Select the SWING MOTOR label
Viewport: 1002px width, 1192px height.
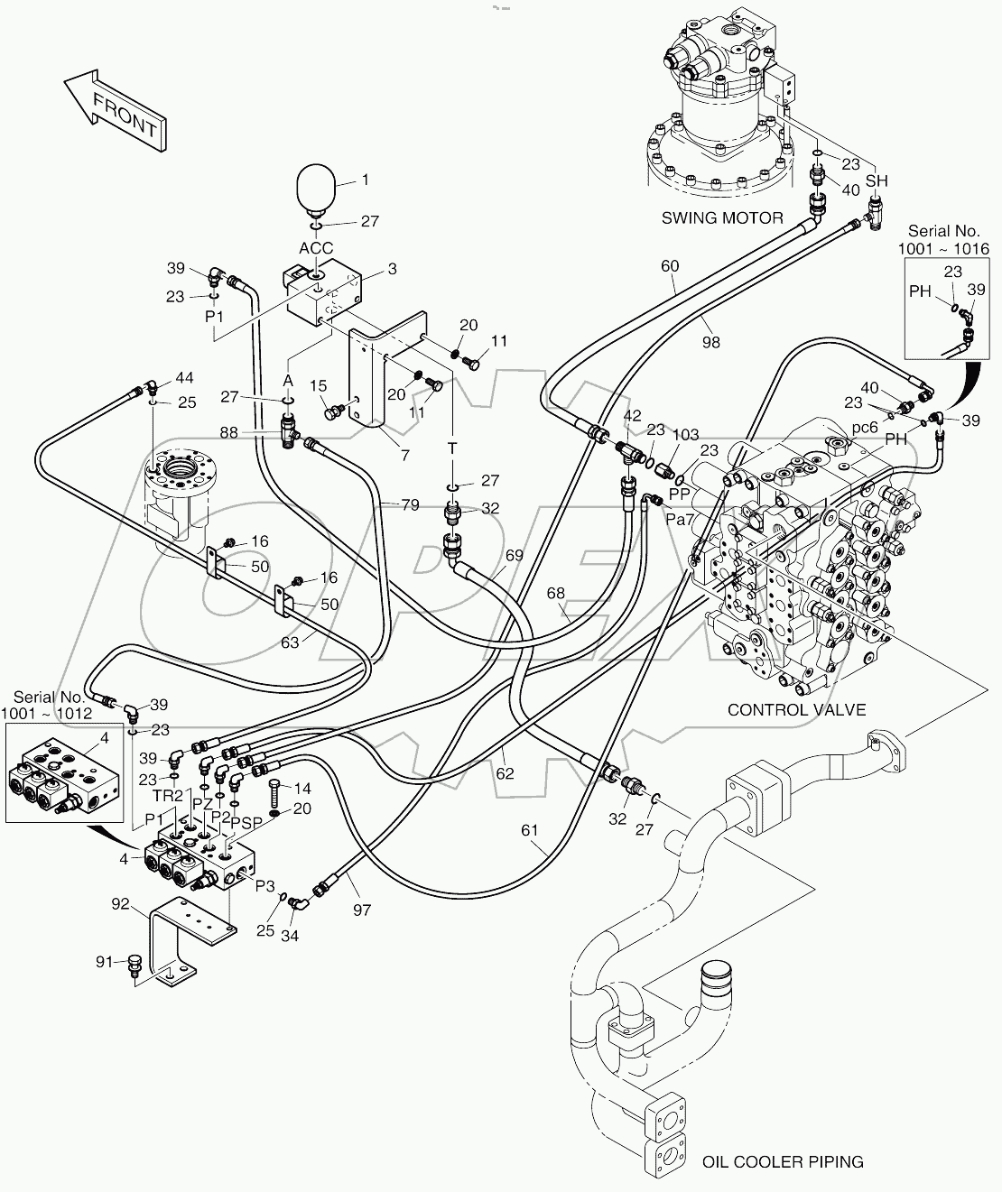[722, 217]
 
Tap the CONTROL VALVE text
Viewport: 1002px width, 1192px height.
[796, 709]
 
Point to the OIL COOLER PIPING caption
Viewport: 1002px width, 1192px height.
[783, 1161]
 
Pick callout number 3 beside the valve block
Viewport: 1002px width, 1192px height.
[393, 268]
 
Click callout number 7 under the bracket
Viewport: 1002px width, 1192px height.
[404, 456]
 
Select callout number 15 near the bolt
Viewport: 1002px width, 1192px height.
[319, 386]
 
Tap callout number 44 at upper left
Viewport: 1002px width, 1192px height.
[184, 378]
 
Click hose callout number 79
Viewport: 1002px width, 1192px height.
[410, 505]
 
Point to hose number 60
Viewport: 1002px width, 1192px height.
[669, 265]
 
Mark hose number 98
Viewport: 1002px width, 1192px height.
[710, 341]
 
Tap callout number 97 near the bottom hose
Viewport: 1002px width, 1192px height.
[362, 910]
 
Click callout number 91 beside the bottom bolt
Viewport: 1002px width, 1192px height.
[107, 962]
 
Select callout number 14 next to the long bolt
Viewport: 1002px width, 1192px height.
[302, 788]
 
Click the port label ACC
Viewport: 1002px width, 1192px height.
[316, 248]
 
